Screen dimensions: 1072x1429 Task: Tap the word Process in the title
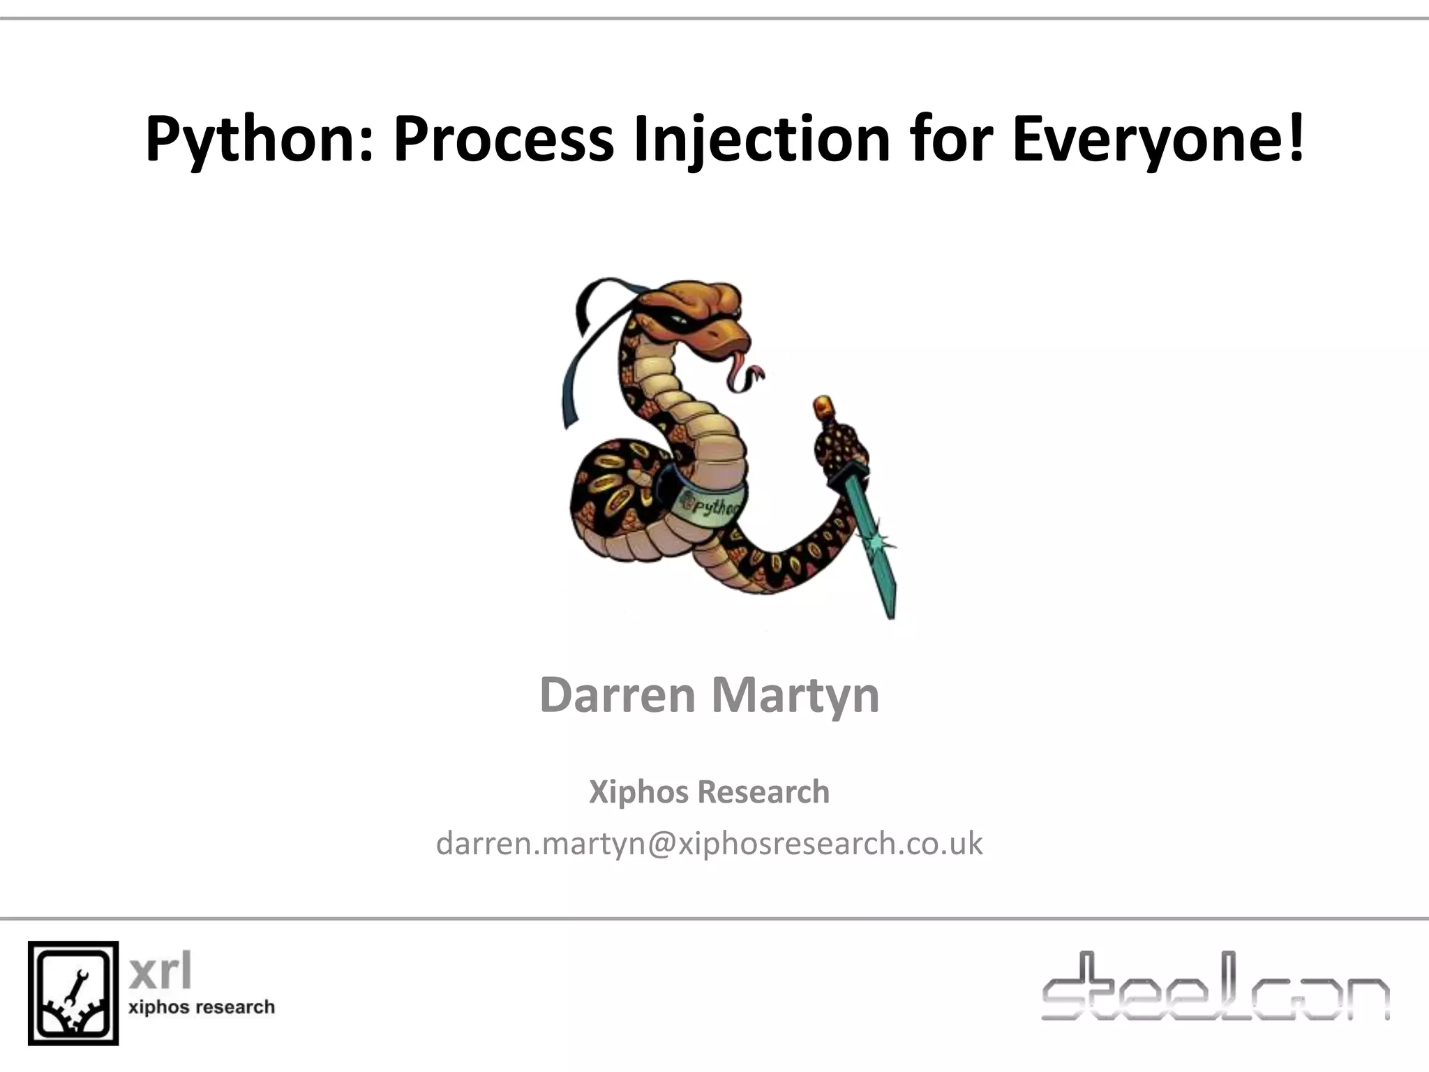503,140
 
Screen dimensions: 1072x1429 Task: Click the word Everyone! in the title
1158,140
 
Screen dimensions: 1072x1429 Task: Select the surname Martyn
795,695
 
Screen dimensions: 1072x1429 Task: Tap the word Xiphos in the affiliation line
639,792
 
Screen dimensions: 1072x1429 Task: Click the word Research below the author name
763,792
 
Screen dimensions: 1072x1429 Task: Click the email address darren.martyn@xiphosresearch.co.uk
709,843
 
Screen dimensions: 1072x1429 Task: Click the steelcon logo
1215,987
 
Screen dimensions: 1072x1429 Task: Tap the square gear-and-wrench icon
73,992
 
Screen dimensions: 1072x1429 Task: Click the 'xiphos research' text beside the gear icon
202,1007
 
